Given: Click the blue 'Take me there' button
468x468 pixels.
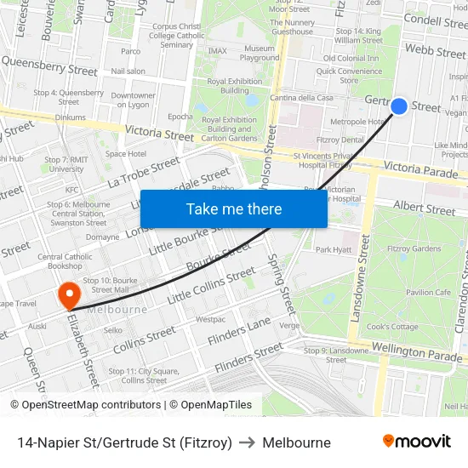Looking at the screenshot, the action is pyautogui.click(x=234, y=208).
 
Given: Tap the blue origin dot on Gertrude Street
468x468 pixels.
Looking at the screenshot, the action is pyautogui.click(x=399, y=106).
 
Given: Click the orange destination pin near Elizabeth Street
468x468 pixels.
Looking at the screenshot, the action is pyautogui.click(x=68, y=294).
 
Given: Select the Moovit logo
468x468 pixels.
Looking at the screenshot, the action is pyautogui.click(x=416, y=442).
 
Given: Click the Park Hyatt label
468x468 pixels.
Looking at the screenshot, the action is pyautogui.click(x=333, y=249).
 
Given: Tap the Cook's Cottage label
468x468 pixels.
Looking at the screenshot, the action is pyautogui.click(x=392, y=327).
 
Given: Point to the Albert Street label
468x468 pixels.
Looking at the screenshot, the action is pyautogui.click(x=425, y=208).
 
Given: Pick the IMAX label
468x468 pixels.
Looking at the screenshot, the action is pyautogui.click(x=217, y=51).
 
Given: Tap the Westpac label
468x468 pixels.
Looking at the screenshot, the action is pyautogui.click(x=210, y=319).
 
